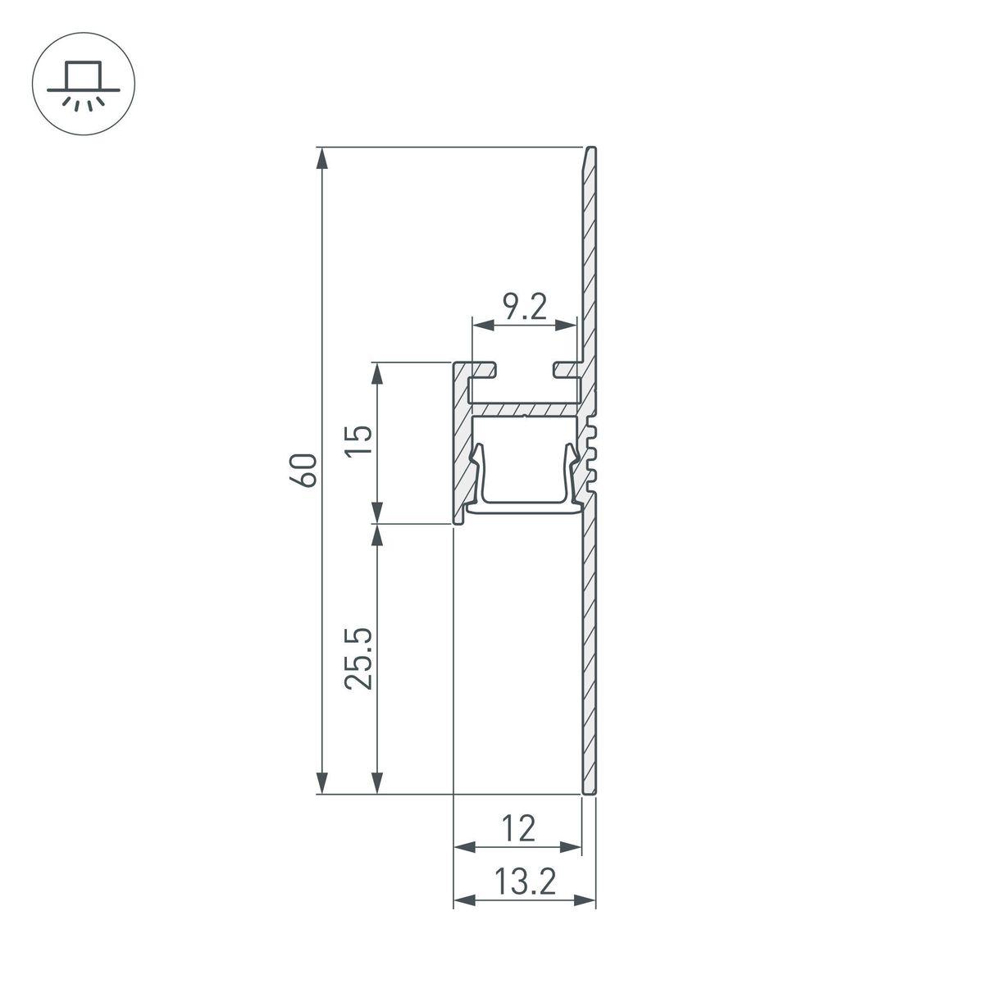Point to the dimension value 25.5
[x=361, y=658]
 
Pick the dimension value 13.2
[x=525, y=883]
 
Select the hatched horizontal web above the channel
[x=525, y=408]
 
